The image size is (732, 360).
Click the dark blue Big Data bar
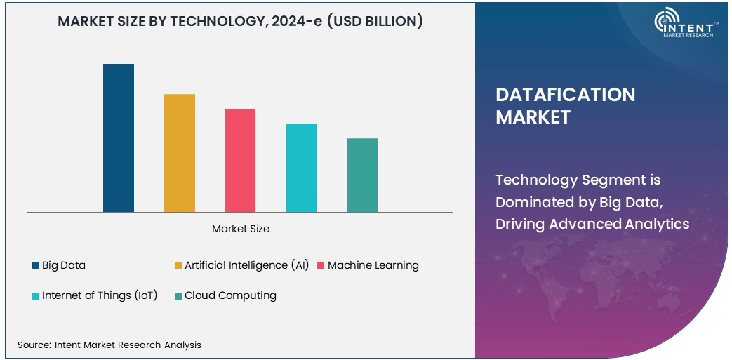(119, 138)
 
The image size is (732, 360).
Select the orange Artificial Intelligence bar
(180, 153)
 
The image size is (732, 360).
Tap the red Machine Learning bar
(240, 160)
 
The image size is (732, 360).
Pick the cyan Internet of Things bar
(301, 168)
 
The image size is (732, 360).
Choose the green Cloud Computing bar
(362, 175)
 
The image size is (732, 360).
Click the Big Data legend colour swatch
(36, 265)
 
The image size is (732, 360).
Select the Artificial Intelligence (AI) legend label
(246, 265)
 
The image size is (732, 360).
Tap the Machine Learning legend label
(373, 265)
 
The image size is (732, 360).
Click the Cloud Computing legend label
(230, 295)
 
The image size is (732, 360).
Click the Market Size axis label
(241, 229)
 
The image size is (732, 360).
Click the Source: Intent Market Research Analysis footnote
(109, 345)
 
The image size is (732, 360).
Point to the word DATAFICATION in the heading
(565, 95)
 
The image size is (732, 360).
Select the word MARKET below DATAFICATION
(533, 117)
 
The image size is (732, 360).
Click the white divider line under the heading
(600, 145)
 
